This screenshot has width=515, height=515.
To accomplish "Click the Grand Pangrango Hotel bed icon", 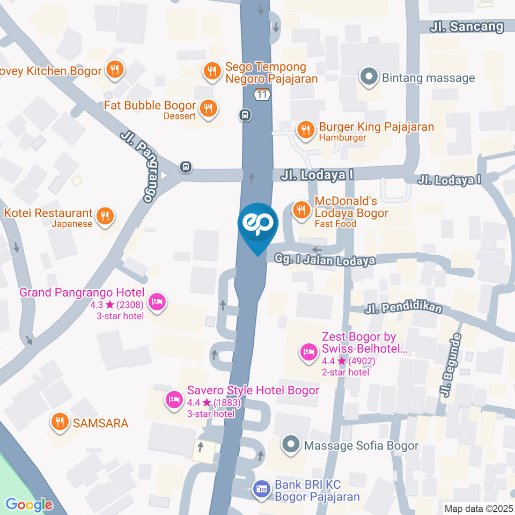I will coord(157,301).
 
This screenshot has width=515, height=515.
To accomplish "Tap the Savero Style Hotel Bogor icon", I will coord(173,399).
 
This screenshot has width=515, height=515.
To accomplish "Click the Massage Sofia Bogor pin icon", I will coord(291,445).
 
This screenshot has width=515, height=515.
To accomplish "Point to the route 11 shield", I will coord(261,95).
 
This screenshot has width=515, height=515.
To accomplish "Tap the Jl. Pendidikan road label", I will coord(404,308).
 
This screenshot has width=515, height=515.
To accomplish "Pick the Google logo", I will coord(29,504).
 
